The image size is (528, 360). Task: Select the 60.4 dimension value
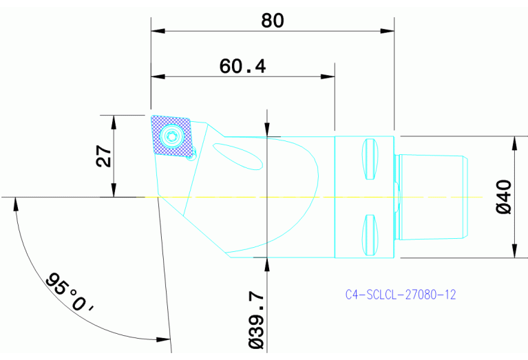(242, 66)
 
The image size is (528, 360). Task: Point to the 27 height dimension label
(104, 156)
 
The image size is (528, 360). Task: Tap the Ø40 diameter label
(504, 196)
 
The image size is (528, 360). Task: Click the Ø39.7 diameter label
(254, 318)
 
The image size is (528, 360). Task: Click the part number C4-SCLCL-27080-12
(401, 295)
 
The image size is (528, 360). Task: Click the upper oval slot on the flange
(370, 159)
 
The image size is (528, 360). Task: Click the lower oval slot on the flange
(370, 233)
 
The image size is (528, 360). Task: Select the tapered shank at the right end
(434, 197)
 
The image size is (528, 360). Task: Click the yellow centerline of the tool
(310, 198)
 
